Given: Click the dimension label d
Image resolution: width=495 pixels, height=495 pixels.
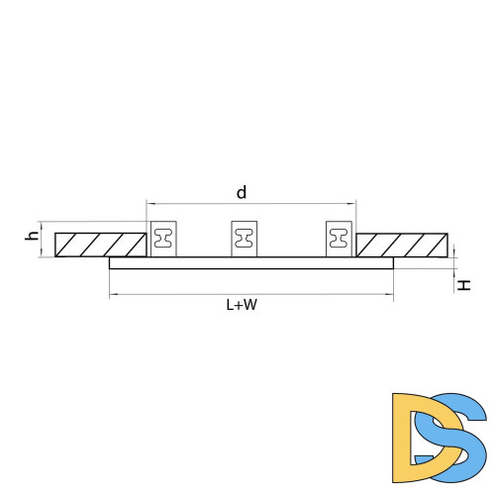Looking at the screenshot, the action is coord(242,192).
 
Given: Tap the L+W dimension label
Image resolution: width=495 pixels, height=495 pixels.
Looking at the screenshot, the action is coord(242,305).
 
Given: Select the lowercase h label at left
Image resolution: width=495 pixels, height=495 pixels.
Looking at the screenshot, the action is coord(32,236).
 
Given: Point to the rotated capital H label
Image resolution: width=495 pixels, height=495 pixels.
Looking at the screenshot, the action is coord(463,285).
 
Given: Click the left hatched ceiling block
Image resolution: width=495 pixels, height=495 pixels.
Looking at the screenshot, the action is coord(101,245).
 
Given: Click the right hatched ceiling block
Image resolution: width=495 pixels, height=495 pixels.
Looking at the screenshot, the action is coord(402,246).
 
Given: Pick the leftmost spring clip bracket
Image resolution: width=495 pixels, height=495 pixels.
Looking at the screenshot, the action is coord(163,239).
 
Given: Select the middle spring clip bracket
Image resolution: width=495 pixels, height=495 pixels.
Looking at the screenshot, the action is coord(245,239).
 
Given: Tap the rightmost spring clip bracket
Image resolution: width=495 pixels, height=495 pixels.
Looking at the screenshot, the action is coord(339,239).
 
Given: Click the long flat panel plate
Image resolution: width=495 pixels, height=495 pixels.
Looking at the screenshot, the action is coord(251,263).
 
